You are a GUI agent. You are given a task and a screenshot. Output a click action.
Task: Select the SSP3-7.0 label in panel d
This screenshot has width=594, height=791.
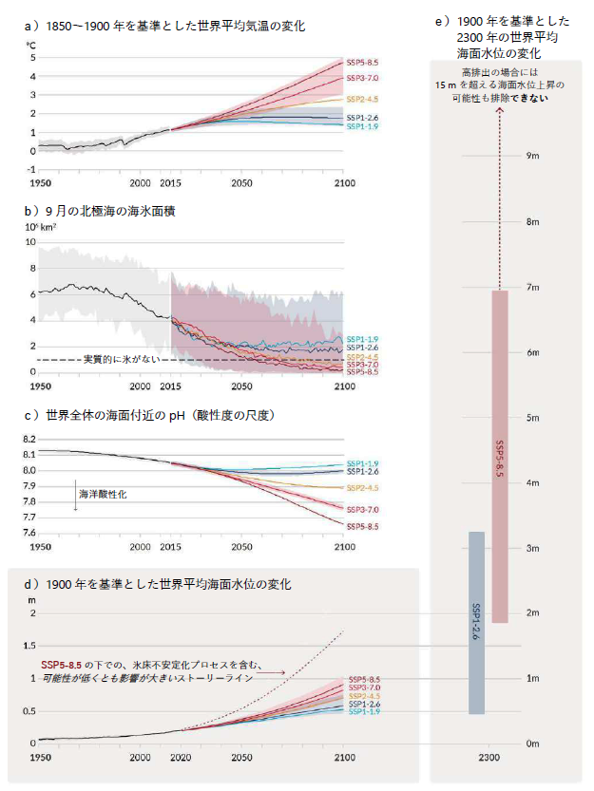[x=364, y=687]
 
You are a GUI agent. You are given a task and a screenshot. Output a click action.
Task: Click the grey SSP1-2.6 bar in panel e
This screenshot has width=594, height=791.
[x=476, y=622]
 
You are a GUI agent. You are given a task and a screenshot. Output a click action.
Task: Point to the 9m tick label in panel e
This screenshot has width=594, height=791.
[x=534, y=155]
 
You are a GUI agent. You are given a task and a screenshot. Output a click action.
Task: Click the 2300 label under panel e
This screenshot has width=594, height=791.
[x=489, y=757]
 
